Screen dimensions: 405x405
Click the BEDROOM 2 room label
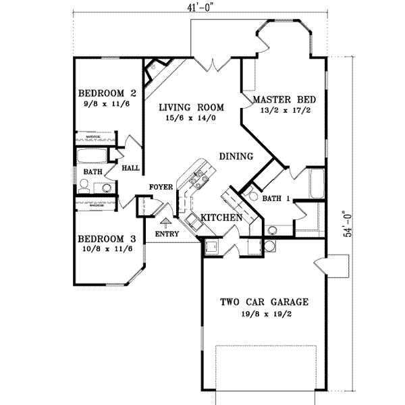click(x=107, y=93)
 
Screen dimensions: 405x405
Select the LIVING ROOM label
click(x=192, y=107)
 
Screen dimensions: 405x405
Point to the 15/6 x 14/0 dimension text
click(x=192, y=117)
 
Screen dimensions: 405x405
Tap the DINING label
click(x=236, y=157)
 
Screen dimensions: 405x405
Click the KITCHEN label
click(x=220, y=218)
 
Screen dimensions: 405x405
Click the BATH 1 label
click(x=276, y=199)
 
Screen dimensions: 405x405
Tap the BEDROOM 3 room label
click(x=107, y=239)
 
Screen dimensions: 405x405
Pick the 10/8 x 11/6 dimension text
click(x=107, y=250)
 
